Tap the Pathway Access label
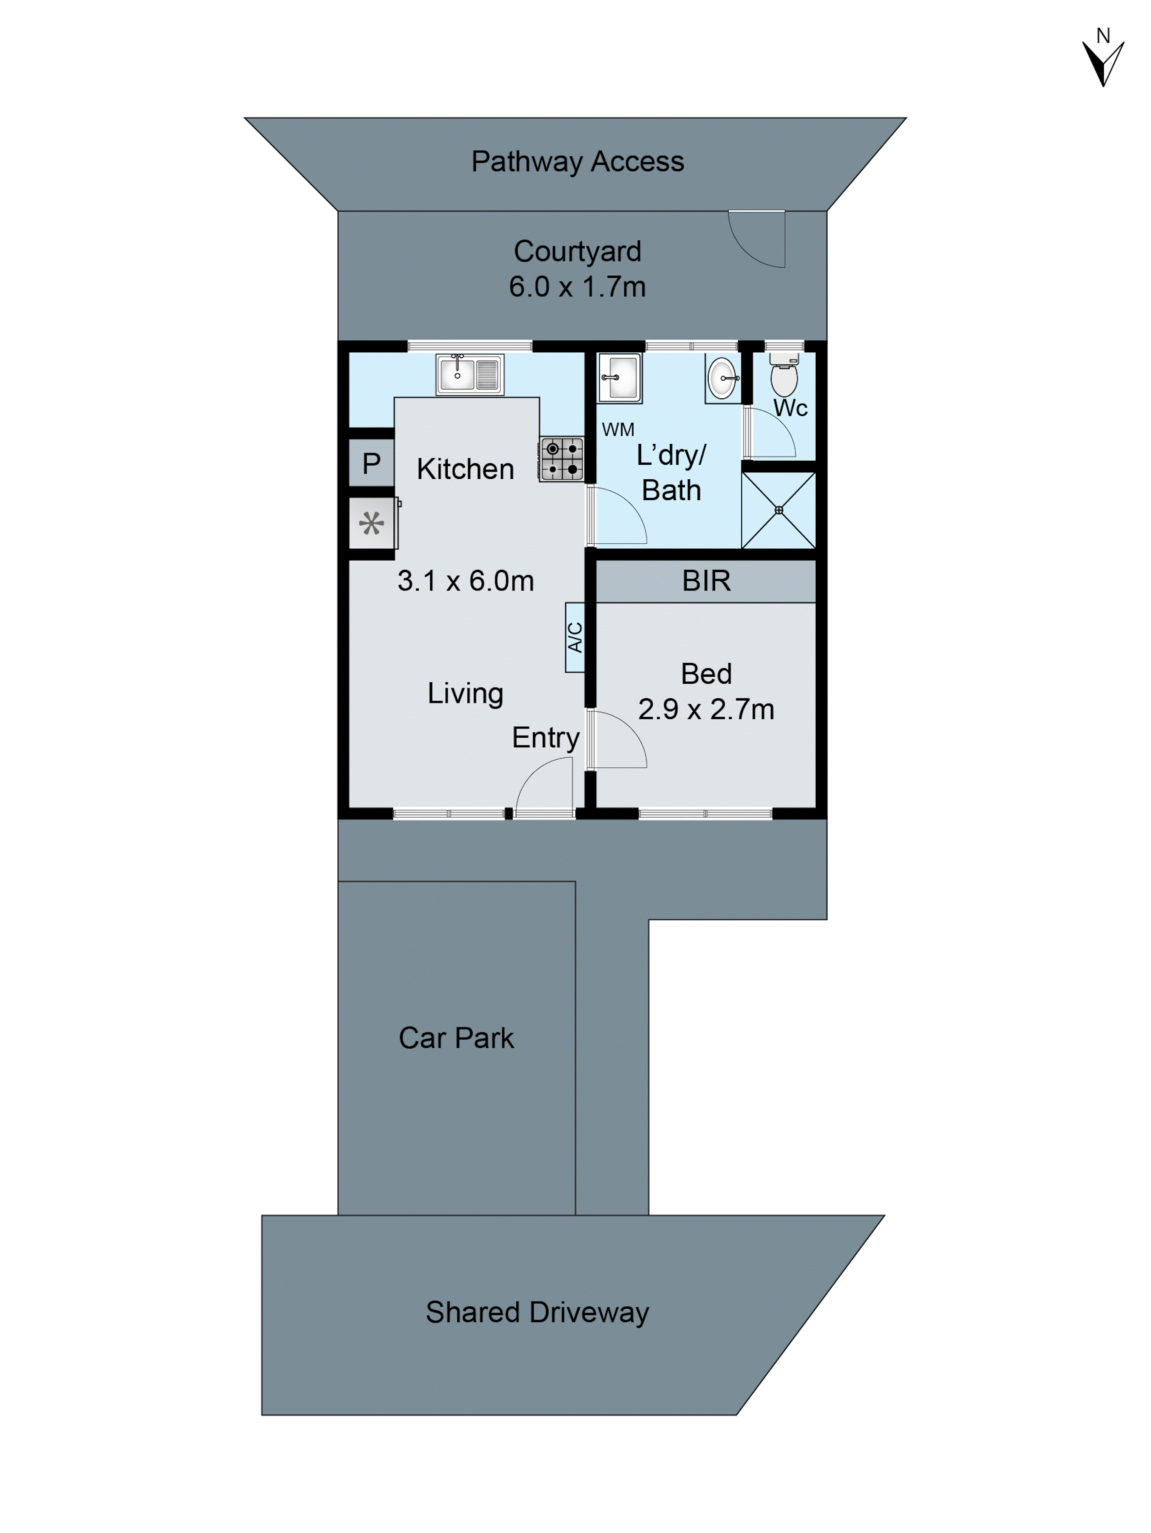click(577, 161)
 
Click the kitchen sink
click(469, 374)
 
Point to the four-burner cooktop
click(562, 459)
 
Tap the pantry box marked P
click(371, 463)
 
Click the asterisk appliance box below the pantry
click(371, 523)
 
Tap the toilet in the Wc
click(783, 376)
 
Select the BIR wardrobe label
click(706, 581)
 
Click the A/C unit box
click(575, 637)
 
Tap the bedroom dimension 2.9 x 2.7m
click(706, 709)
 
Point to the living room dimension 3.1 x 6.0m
click(465, 581)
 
